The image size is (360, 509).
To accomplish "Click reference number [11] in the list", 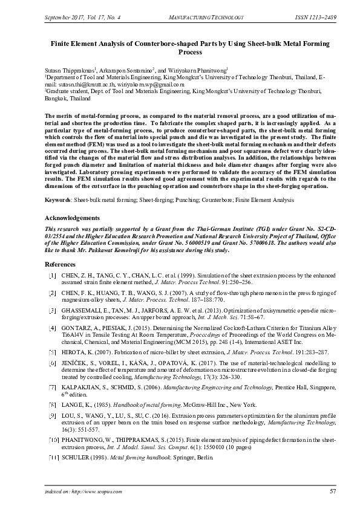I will click(x=53, y=461).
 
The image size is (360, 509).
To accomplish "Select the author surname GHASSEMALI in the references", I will click(x=83, y=310).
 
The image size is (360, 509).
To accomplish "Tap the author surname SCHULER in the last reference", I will click(x=75, y=461).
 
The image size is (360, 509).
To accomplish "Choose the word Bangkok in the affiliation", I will click(x=57, y=98).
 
